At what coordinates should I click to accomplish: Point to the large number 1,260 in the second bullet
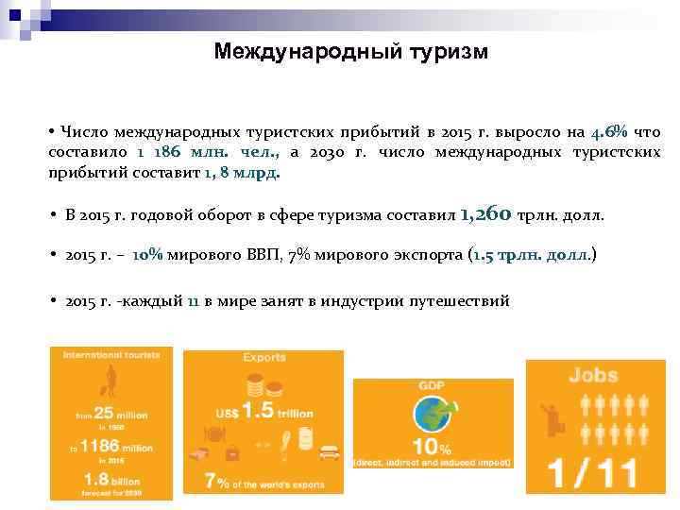pos(487,213)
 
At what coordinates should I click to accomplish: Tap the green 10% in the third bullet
pos(147,255)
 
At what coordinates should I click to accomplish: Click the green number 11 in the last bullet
pos(193,301)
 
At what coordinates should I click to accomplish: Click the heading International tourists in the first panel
pos(111,355)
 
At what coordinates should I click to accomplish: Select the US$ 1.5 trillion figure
pos(263,411)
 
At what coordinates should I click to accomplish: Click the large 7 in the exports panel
pos(212,480)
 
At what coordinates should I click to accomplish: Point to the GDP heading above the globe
pos(432,385)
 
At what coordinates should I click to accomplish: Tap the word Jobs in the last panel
pos(593,375)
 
